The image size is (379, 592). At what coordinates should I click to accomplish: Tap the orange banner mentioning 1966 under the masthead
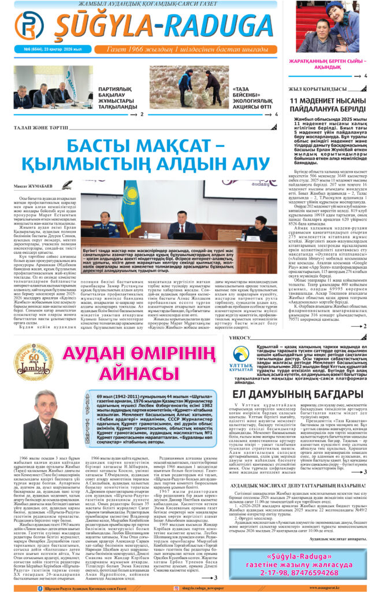pos(191,49)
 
